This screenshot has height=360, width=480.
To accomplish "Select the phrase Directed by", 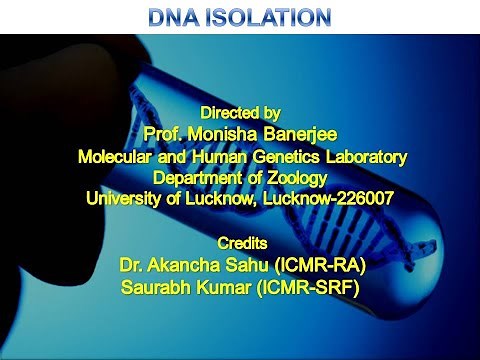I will point(241,111).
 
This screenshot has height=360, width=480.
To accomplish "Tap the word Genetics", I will point(288,155).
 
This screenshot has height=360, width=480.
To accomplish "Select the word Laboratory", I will point(365,155).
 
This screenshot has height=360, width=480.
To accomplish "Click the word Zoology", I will point(298,176).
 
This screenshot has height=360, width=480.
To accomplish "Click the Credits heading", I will point(240,243).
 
